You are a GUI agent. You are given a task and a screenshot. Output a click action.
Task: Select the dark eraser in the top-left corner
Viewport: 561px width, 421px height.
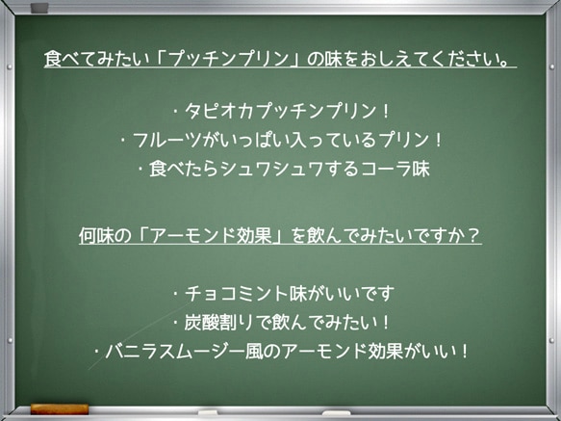[x=38, y=8]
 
